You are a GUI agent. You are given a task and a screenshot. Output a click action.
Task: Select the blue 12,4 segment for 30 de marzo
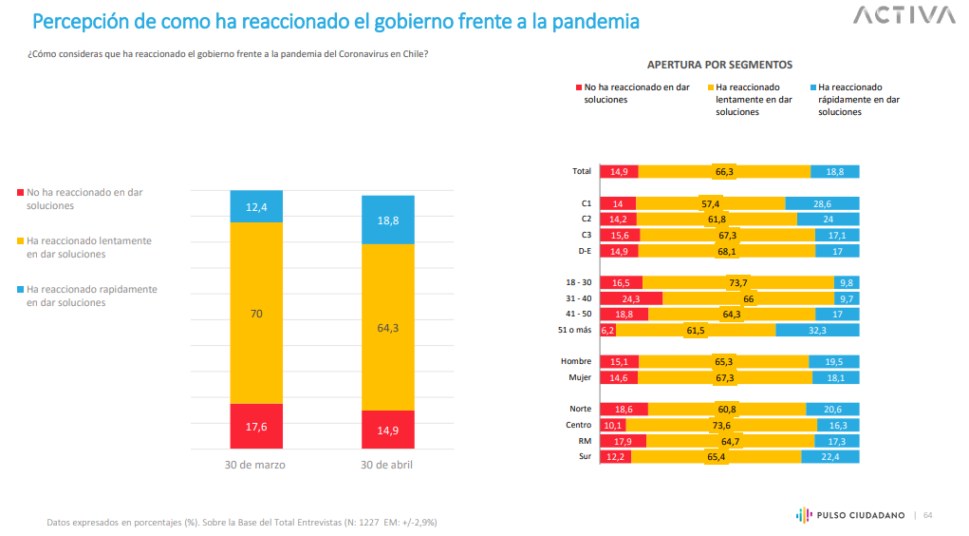pyautogui.click(x=256, y=206)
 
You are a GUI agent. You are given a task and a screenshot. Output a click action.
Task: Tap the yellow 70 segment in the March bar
pyautogui.click(x=256, y=312)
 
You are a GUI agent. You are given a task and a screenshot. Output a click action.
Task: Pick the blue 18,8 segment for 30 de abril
pyautogui.click(x=388, y=220)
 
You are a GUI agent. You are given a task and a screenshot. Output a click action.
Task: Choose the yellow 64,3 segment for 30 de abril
pyautogui.click(x=388, y=327)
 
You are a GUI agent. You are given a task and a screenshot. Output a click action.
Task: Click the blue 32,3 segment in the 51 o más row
pyautogui.click(x=817, y=330)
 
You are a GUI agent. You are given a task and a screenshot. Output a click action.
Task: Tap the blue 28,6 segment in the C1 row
pyautogui.click(x=822, y=203)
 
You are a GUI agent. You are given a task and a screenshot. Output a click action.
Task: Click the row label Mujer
pyautogui.click(x=579, y=377)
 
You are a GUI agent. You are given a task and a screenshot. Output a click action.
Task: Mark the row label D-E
pyautogui.click(x=583, y=251)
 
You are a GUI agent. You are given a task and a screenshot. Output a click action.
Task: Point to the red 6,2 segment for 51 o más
pyautogui.click(x=607, y=330)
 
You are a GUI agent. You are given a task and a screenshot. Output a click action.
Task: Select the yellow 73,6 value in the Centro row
pyautogui.click(x=723, y=425)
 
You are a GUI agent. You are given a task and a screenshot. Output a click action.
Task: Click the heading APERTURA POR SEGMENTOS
pyautogui.click(x=719, y=65)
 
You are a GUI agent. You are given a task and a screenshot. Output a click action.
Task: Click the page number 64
pyautogui.click(x=928, y=515)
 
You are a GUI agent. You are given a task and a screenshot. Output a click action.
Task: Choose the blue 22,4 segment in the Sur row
pyautogui.click(x=829, y=456)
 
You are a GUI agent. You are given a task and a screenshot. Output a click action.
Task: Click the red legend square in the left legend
pyautogui.click(x=21, y=192)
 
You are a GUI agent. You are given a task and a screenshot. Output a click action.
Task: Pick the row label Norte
pyautogui.click(x=580, y=409)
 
